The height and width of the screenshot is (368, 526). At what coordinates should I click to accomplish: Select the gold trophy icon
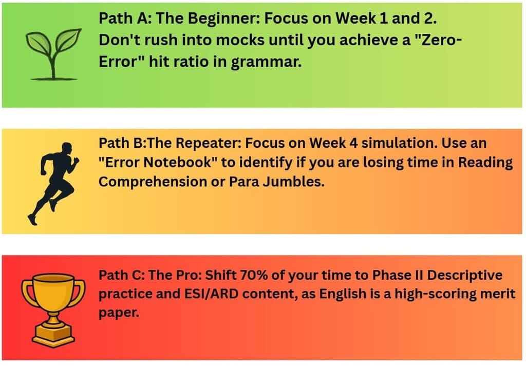53,308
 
